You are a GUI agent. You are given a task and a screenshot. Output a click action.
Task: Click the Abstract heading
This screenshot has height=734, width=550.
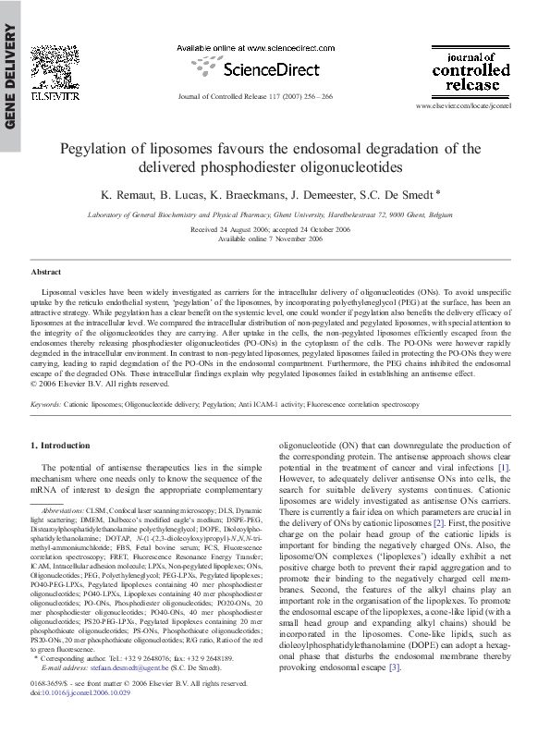46,272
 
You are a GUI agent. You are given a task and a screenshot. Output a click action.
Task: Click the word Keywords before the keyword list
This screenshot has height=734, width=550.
47,405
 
